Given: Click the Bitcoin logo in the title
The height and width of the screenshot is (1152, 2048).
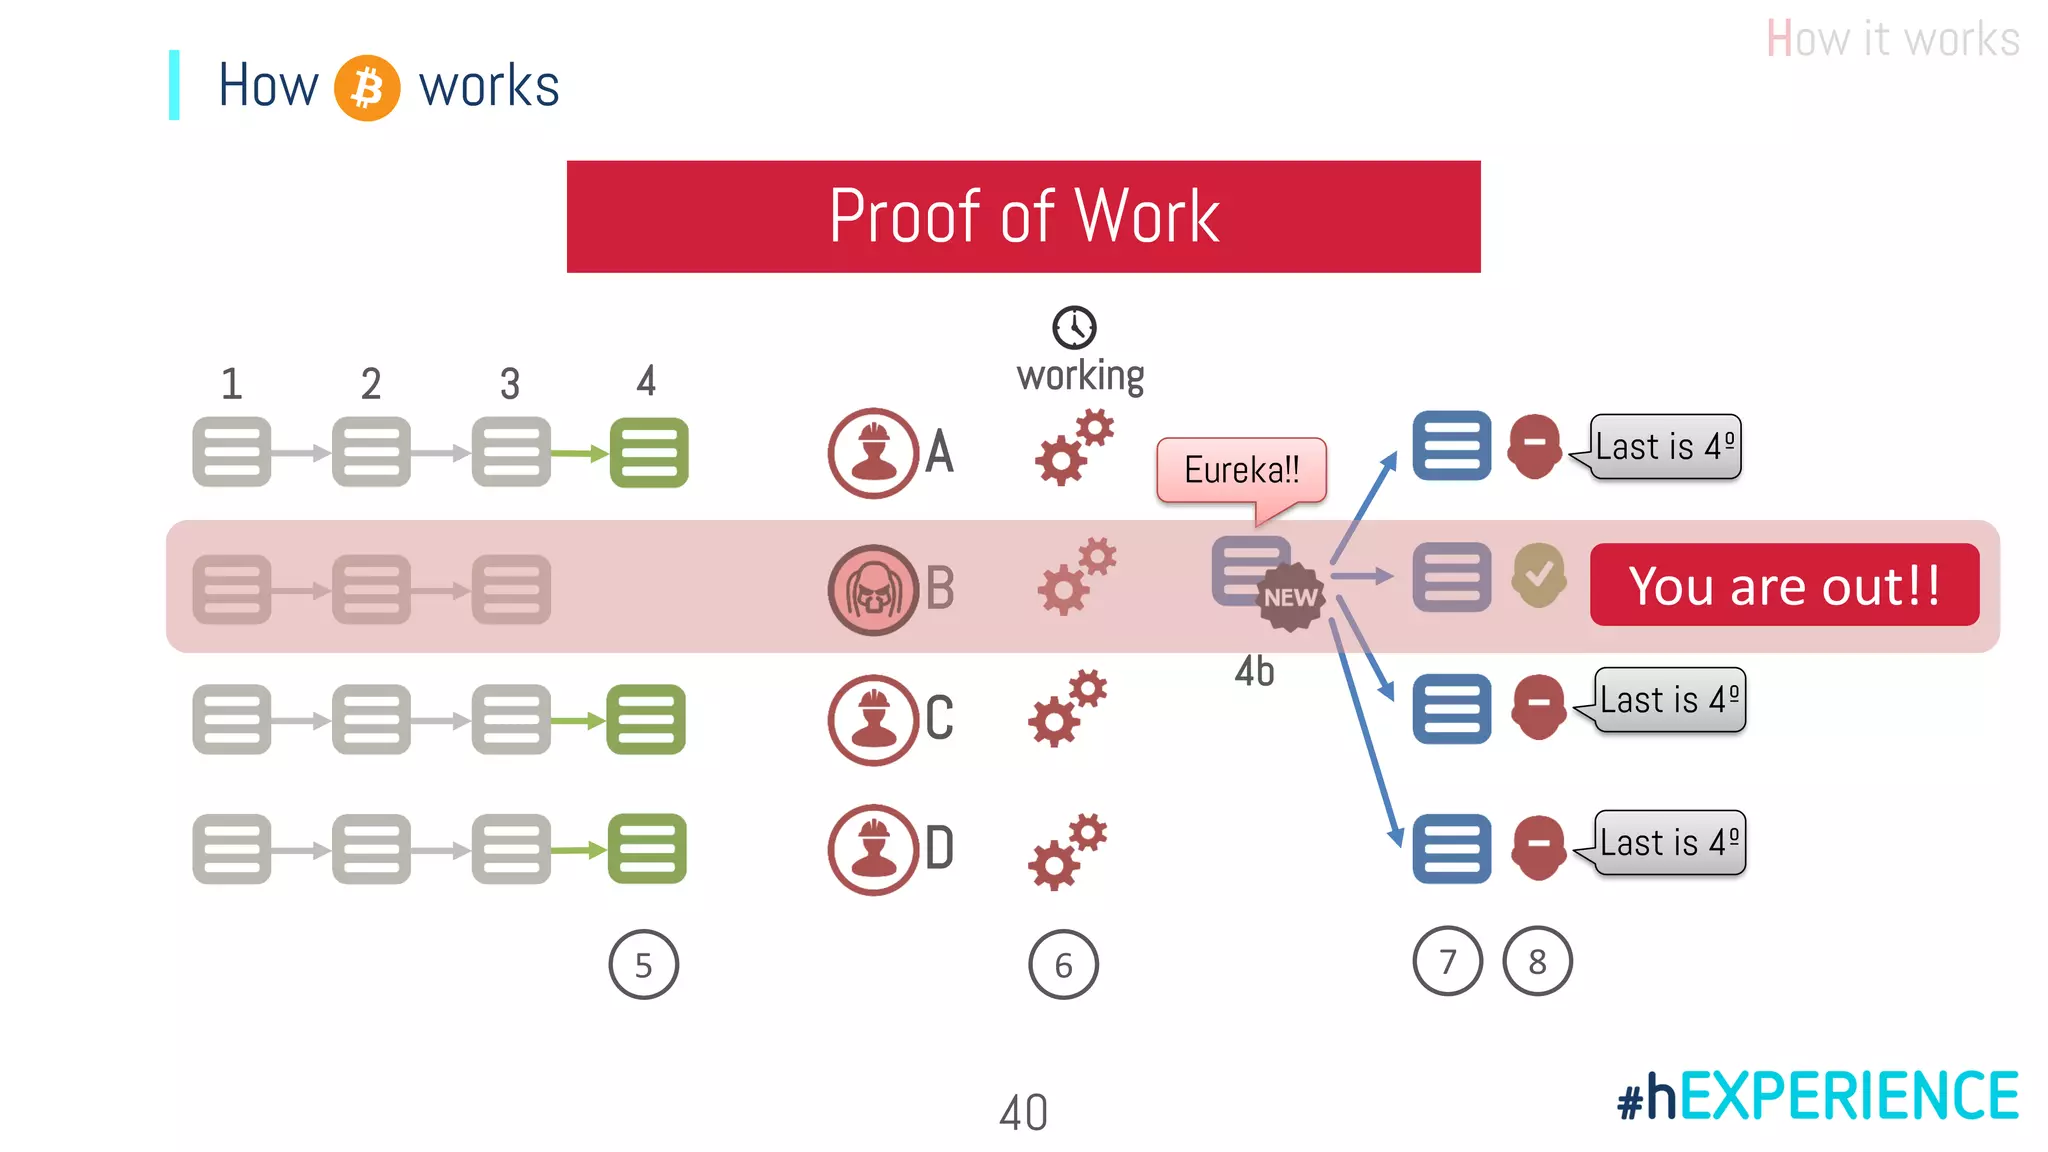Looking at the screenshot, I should point(367,88).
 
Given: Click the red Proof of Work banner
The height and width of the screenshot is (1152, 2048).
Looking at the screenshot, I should point(1023,216).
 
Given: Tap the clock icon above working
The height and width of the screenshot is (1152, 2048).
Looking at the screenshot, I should point(1074,327).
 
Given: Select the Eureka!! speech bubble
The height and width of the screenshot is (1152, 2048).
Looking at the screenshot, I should point(1241,469).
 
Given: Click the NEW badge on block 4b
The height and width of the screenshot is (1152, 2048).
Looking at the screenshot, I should point(1290,598).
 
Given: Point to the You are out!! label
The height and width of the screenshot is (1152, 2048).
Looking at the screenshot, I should point(1784,585).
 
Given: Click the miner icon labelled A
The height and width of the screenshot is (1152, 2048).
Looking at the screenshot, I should point(873,453).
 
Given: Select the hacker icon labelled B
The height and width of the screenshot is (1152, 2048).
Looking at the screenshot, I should point(873,589).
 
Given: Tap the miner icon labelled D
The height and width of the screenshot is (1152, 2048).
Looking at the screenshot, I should point(873,849).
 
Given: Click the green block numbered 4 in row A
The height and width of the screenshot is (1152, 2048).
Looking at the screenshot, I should point(649,453).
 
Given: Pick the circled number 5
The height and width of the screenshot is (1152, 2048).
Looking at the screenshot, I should point(643,965).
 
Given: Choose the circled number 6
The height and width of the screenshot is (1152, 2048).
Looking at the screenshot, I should point(1063,965).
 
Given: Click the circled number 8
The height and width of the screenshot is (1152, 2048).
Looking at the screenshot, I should point(1537,962).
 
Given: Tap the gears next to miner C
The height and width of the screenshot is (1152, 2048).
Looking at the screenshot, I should point(1068,708).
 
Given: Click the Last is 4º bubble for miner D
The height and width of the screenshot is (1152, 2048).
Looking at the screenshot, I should point(1669,843).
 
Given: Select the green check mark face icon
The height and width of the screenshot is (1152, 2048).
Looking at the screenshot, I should point(1539,575).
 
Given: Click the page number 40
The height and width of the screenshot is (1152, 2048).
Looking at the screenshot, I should point(1023,1113).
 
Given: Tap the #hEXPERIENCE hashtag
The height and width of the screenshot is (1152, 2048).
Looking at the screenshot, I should point(1817,1096).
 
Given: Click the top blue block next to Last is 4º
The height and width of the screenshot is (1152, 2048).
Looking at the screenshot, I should point(1451,445).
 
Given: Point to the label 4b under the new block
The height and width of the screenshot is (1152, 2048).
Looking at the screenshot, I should point(1254,671).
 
